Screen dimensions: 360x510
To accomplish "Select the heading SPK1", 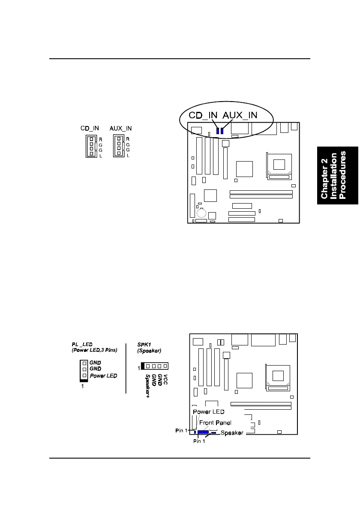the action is [x=144, y=345].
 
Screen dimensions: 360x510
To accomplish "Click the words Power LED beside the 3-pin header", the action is [x=103, y=376].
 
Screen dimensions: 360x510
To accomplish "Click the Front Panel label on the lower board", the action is [x=216, y=423].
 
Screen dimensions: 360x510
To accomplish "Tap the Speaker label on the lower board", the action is [x=232, y=433].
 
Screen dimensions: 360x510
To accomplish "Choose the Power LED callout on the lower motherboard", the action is [x=209, y=412].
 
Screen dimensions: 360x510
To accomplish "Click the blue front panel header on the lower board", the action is [x=203, y=432].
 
